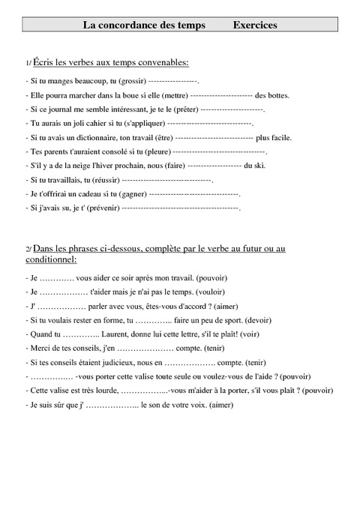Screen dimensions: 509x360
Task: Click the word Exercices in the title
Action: coord(255,25)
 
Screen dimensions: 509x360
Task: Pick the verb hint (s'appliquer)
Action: coord(141,124)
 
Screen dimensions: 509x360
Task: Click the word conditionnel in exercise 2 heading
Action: coord(51,259)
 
